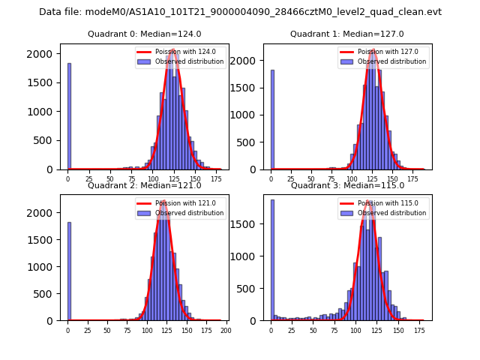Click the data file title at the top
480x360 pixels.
coord(240,12)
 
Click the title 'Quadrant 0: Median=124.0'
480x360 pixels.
coord(145,34)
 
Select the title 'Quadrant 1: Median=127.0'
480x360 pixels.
coord(347,34)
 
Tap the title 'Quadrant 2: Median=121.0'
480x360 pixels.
coord(145,185)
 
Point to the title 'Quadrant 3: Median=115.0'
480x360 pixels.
coord(347,185)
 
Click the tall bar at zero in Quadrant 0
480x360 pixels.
coord(69,116)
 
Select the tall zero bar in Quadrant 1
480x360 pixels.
coord(272,119)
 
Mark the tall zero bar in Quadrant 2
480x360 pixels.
coord(69,271)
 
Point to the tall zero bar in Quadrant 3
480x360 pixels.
coord(272,259)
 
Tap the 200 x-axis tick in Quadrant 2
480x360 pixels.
coord(225,330)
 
